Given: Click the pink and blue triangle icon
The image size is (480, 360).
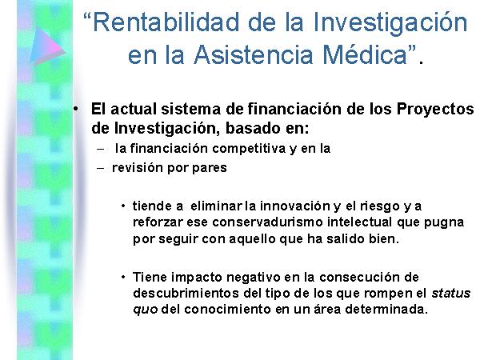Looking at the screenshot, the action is [47, 46].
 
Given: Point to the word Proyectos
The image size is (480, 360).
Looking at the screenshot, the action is [435, 110].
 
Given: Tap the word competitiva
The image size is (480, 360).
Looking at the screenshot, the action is [249, 149].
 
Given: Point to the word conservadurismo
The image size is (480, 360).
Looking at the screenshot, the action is [267, 222].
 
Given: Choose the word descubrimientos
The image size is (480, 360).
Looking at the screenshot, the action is [186, 294].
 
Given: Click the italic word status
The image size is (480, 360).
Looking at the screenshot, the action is [451, 294].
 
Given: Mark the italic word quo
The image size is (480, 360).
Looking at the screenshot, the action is [146, 310].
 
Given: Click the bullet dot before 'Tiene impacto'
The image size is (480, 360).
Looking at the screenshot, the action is [123, 278].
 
